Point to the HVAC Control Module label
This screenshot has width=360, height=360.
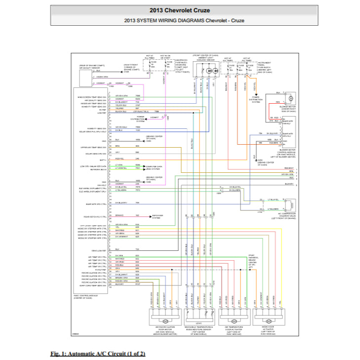85,297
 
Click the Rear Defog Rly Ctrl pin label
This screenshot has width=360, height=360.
96,216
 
